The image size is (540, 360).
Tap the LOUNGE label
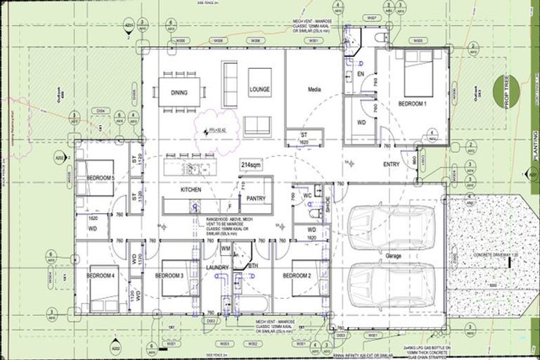(x=259, y=90)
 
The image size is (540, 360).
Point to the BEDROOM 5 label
(x=101, y=179)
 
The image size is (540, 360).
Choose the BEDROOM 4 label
(x=101, y=276)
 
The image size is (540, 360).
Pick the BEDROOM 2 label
(x=297, y=276)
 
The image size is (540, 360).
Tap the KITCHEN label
(x=191, y=190)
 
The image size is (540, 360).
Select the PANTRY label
(x=256, y=198)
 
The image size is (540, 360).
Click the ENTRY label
(x=392, y=164)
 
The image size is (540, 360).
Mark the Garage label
(x=393, y=256)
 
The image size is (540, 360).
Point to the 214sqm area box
(x=251, y=165)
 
